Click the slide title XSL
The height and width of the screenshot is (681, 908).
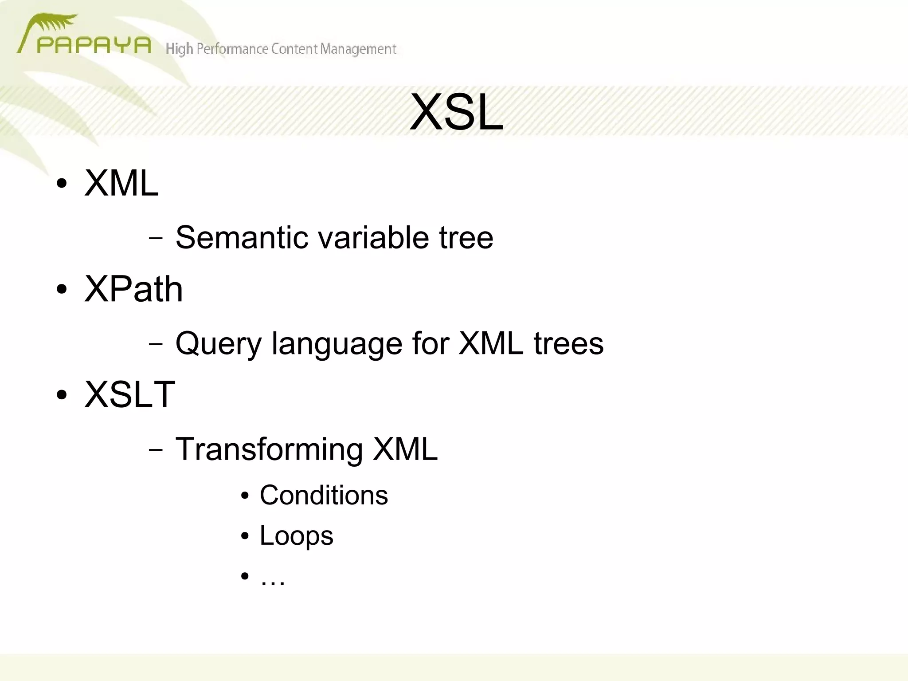pos(456,113)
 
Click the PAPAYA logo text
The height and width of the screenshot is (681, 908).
pos(94,46)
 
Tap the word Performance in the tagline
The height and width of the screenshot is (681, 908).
pos(232,48)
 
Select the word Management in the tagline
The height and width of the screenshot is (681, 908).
pos(358,49)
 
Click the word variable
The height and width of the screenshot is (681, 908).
pos(373,237)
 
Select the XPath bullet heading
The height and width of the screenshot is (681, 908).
pos(133,289)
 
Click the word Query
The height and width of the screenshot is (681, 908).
pos(219,344)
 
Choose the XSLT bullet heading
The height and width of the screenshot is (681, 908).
pos(130,394)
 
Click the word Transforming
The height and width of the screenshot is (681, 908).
pos(269,449)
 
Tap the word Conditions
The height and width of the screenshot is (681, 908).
pos(324,495)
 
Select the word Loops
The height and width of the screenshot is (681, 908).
pos(296,535)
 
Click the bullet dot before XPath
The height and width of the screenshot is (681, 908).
pos(62,290)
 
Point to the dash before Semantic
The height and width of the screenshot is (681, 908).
pos(156,238)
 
